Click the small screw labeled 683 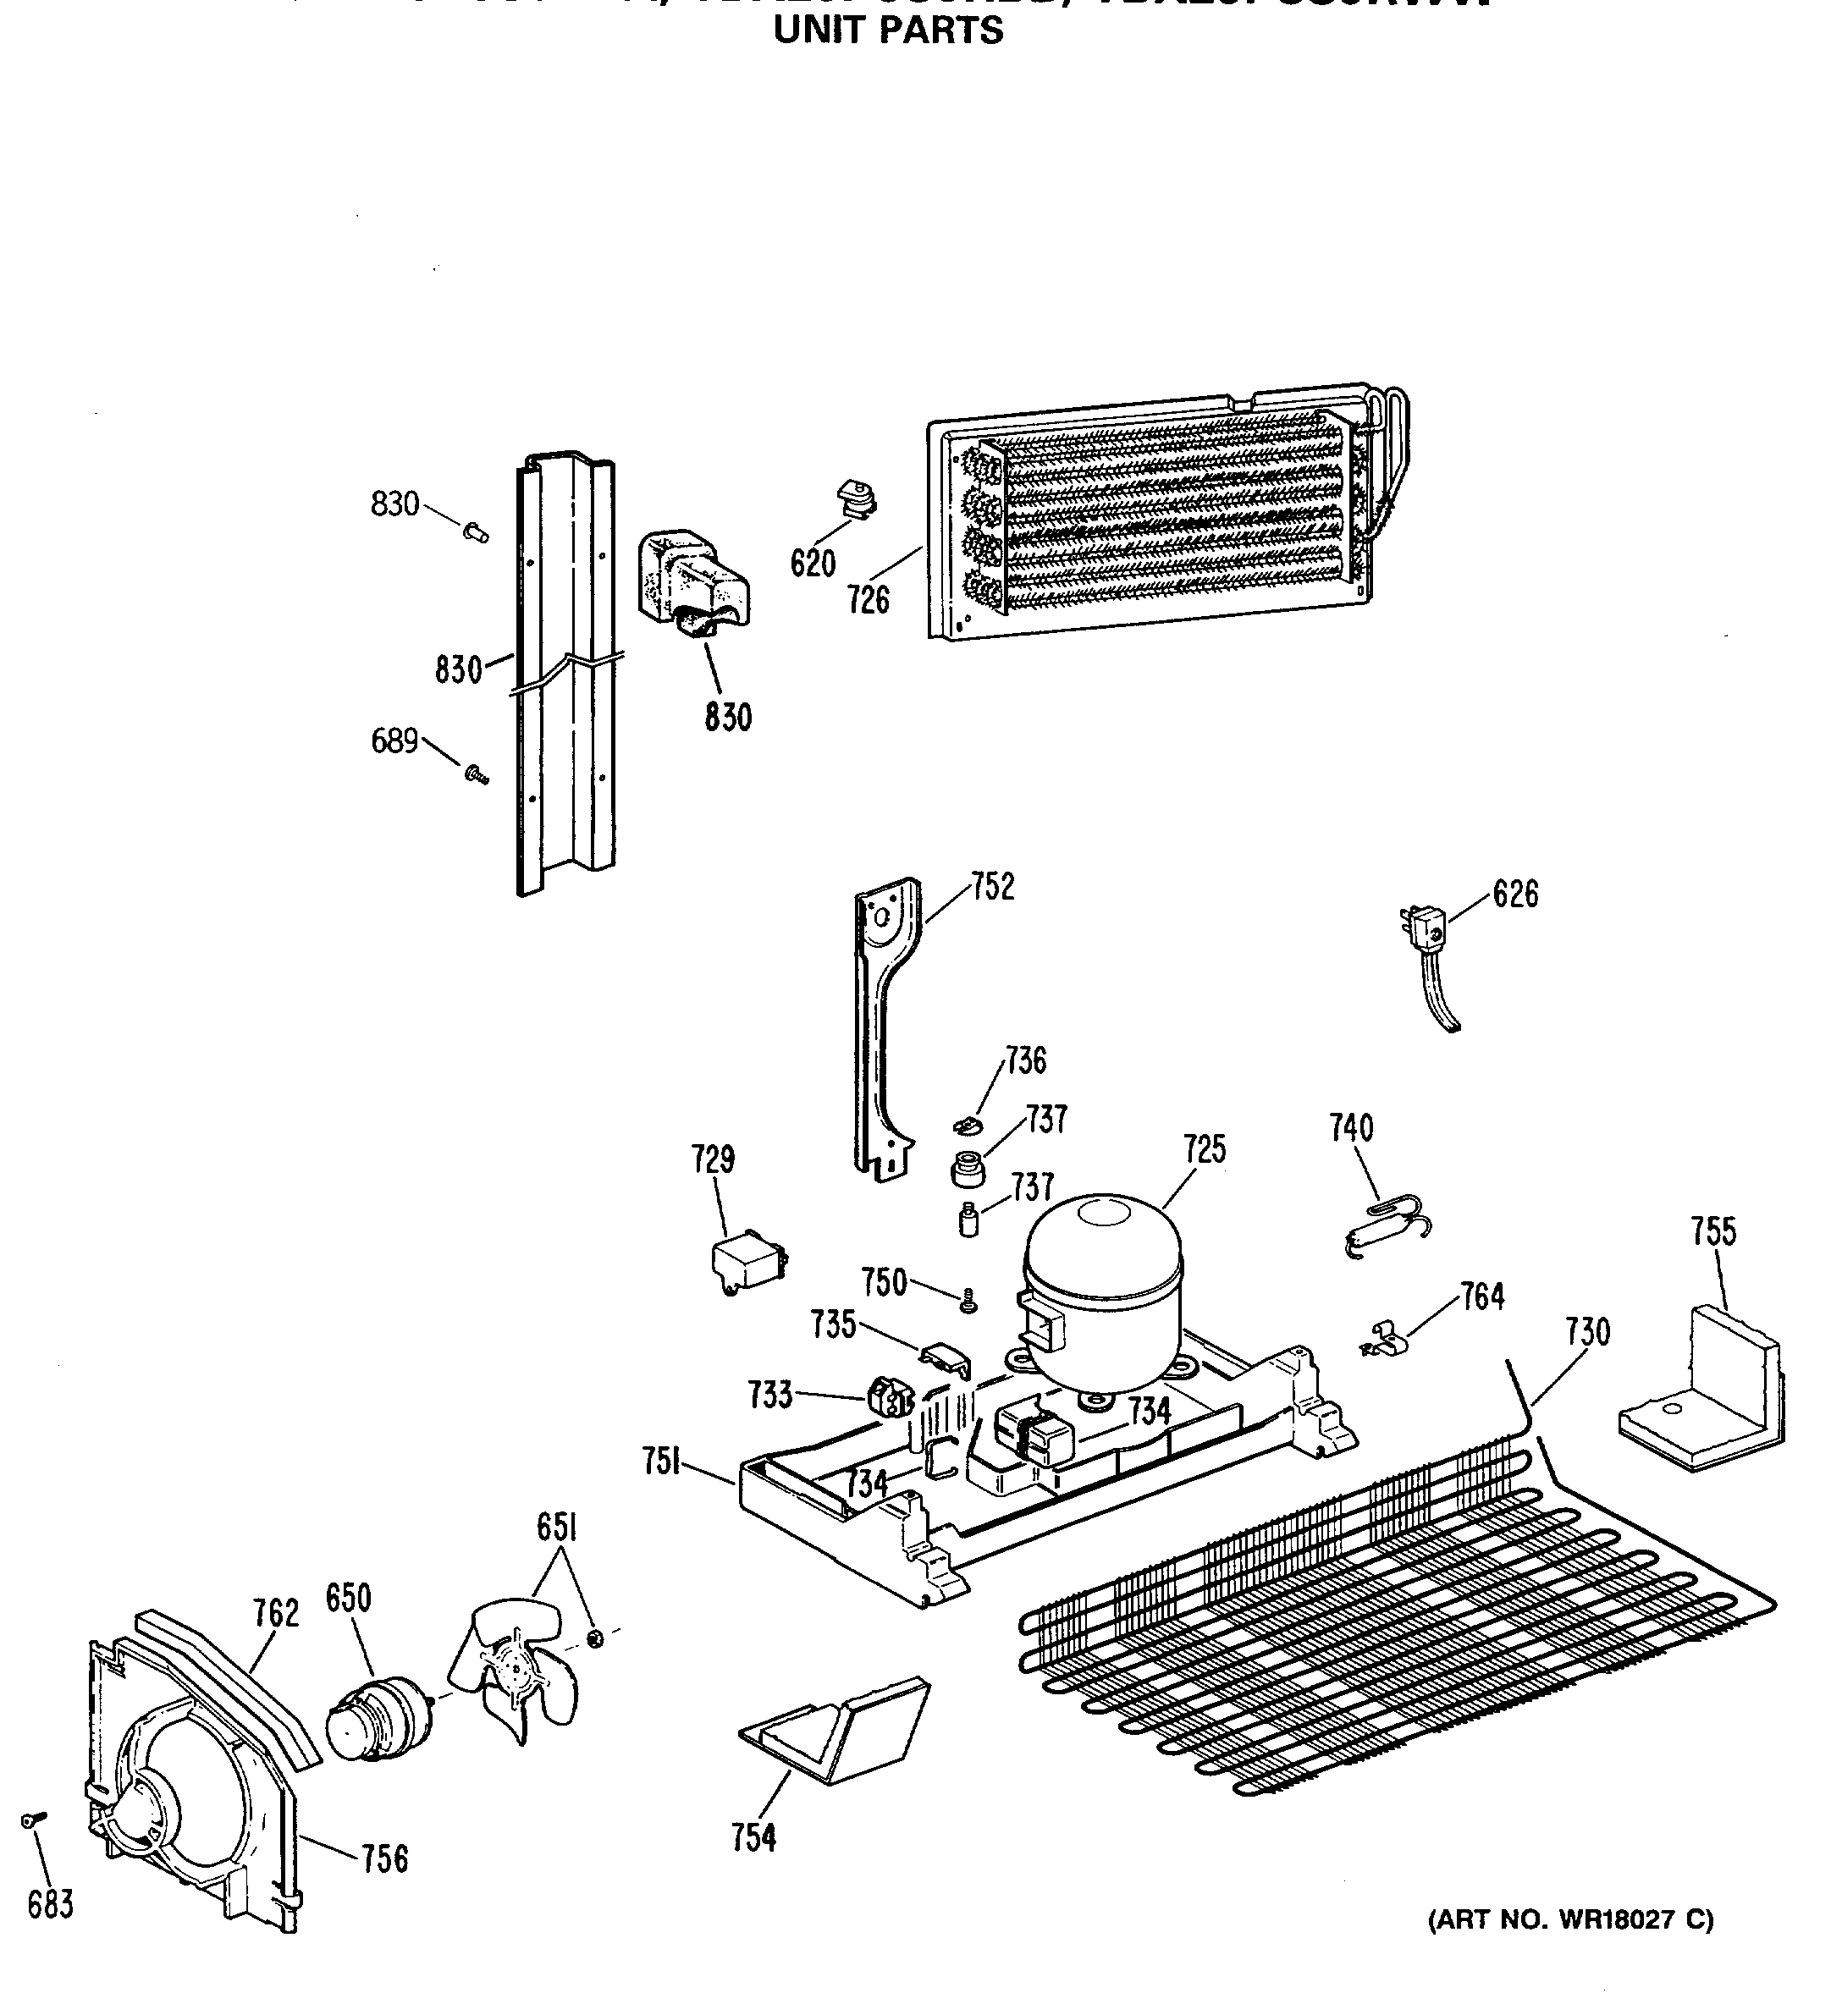30,1820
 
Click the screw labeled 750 967,1301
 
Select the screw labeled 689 476,774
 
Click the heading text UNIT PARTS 889,31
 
